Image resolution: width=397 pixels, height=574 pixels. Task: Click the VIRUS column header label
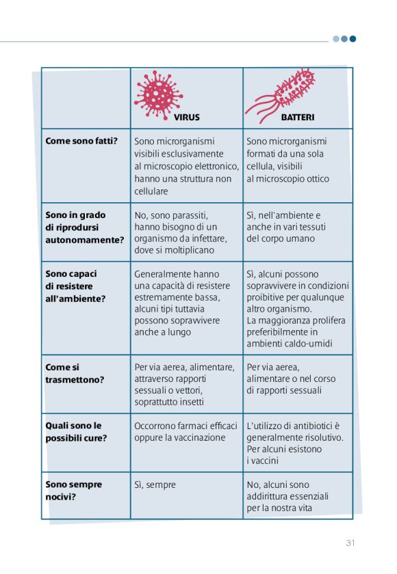click(x=186, y=118)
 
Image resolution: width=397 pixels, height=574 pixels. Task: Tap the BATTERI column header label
click(x=298, y=118)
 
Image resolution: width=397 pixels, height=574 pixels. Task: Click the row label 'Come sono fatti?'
click(x=81, y=141)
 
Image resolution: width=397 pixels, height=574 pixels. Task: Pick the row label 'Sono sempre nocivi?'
click(x=74, y=490)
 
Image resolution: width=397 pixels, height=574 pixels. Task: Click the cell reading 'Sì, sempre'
click(x=155, y=484)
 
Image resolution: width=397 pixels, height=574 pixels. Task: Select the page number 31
click(x=350, y=543)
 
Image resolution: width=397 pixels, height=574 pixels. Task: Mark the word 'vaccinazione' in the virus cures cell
click(x=196, y=437)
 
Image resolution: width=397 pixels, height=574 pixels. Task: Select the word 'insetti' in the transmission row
click(x=190, y=402)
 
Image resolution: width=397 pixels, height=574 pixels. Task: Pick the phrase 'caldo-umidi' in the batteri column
click(x=321, y=344)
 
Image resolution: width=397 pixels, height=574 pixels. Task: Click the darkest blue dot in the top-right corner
click(x=353, y=39)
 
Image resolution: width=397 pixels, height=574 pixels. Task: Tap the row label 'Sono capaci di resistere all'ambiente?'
click(x=75, y=286)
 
